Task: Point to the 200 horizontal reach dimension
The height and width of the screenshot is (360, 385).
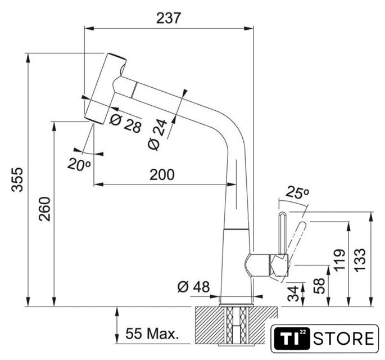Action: click(162, 174)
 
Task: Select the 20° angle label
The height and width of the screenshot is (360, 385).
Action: click(79, 165)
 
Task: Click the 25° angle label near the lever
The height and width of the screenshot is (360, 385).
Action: click(298, 194)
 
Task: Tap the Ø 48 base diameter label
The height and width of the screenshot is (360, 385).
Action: click(193, 287)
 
